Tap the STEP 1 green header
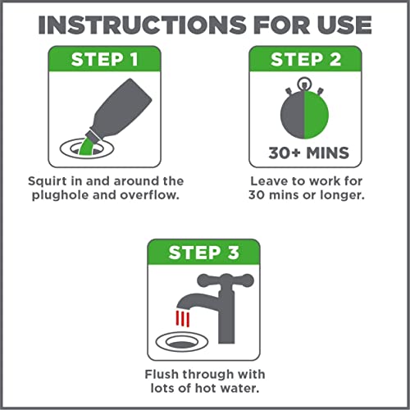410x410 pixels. tap(104, 59)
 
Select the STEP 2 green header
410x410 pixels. tap(305, 59)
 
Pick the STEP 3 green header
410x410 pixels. tap(203, 252)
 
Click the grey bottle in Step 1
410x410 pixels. tap(121, 109)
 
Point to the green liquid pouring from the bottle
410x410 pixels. tap(86, 147)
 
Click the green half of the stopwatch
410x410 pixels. tap(317, 115)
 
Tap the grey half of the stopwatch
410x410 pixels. tap(293, 115)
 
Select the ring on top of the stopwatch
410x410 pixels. tap(303, 83)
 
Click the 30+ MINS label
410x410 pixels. tap(308, 153)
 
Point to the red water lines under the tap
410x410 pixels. tap(183, 318)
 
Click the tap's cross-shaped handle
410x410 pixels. tap(225, 280)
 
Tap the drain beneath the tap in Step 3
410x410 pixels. tap(182, 342)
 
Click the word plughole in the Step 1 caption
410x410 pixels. tap(61, 196)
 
